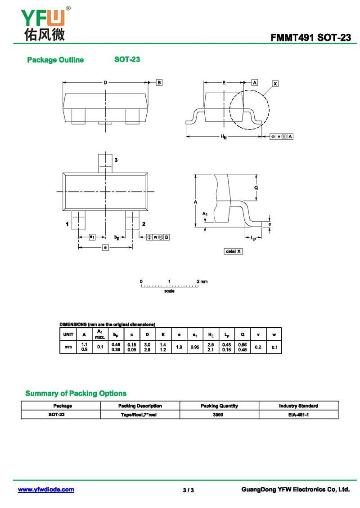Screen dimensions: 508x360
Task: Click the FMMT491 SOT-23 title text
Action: tap(310, 38)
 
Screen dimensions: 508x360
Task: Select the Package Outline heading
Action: tap(55, 60)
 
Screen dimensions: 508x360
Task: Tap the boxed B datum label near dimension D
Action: tap(159, 82)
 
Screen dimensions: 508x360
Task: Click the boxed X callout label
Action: tap(275, 84)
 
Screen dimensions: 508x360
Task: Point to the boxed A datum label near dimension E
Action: tap(255, 82)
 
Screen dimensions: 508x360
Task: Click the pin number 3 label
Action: tap(116, 160)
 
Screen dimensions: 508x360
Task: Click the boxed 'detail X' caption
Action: tap(233, 251)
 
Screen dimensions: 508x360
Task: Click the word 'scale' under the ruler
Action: tap(170, 291)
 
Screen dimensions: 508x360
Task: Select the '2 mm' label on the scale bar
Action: tap(202, 281)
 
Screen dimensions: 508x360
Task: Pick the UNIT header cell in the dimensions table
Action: tap(68, 334)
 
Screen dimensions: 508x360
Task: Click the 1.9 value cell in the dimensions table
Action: tap(179, 347)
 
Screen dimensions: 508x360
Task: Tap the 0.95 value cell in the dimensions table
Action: tap(194, 347)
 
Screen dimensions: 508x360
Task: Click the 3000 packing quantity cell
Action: tap(219, 414)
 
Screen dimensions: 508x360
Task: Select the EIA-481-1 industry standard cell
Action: tap(298, 414)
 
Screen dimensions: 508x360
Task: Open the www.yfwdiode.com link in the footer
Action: tap(46, 490)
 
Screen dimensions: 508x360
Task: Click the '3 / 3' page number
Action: tap(189, 490)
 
